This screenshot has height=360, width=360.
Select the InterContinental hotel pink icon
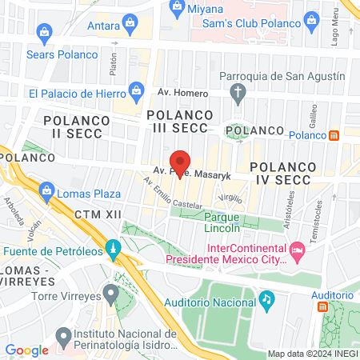pyautogui.click(x=298, y=253)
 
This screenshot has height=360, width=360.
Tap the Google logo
pyautogui.click(x=26, y=350)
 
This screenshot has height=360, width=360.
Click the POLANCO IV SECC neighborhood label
pyautogui.click(x=286, y=174)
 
